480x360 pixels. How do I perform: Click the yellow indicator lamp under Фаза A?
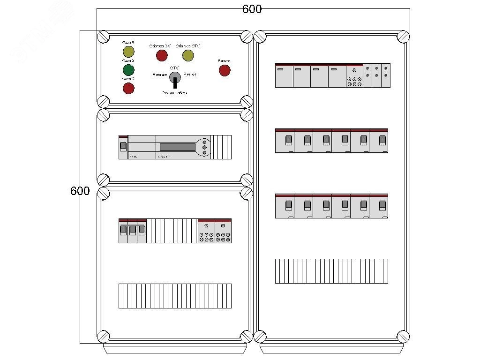pos(128,52)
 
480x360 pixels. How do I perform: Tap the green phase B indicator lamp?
pos(128,70)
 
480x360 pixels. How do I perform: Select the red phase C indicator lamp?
pos(128,88)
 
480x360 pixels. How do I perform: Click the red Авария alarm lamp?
pos(225,70)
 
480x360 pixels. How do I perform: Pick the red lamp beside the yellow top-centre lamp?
pos(162,56)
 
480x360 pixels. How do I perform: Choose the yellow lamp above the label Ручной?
pos(188,56)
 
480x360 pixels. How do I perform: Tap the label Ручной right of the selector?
pos(190,75)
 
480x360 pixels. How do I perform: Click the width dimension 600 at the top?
pos(252,9)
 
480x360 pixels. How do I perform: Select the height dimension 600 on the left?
pos(80,191)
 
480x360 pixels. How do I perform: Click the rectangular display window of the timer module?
pos(177,147)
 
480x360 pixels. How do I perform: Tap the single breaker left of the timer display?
pos(123,147)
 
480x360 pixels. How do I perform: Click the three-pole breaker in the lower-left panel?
pos(133,231)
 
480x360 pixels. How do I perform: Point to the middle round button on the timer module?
pos(205,147)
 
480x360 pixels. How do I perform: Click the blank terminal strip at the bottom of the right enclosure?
pos(331,271)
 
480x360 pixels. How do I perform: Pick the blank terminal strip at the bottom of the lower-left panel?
pos(175,296)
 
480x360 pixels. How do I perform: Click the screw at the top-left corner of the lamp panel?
pos(103,37)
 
